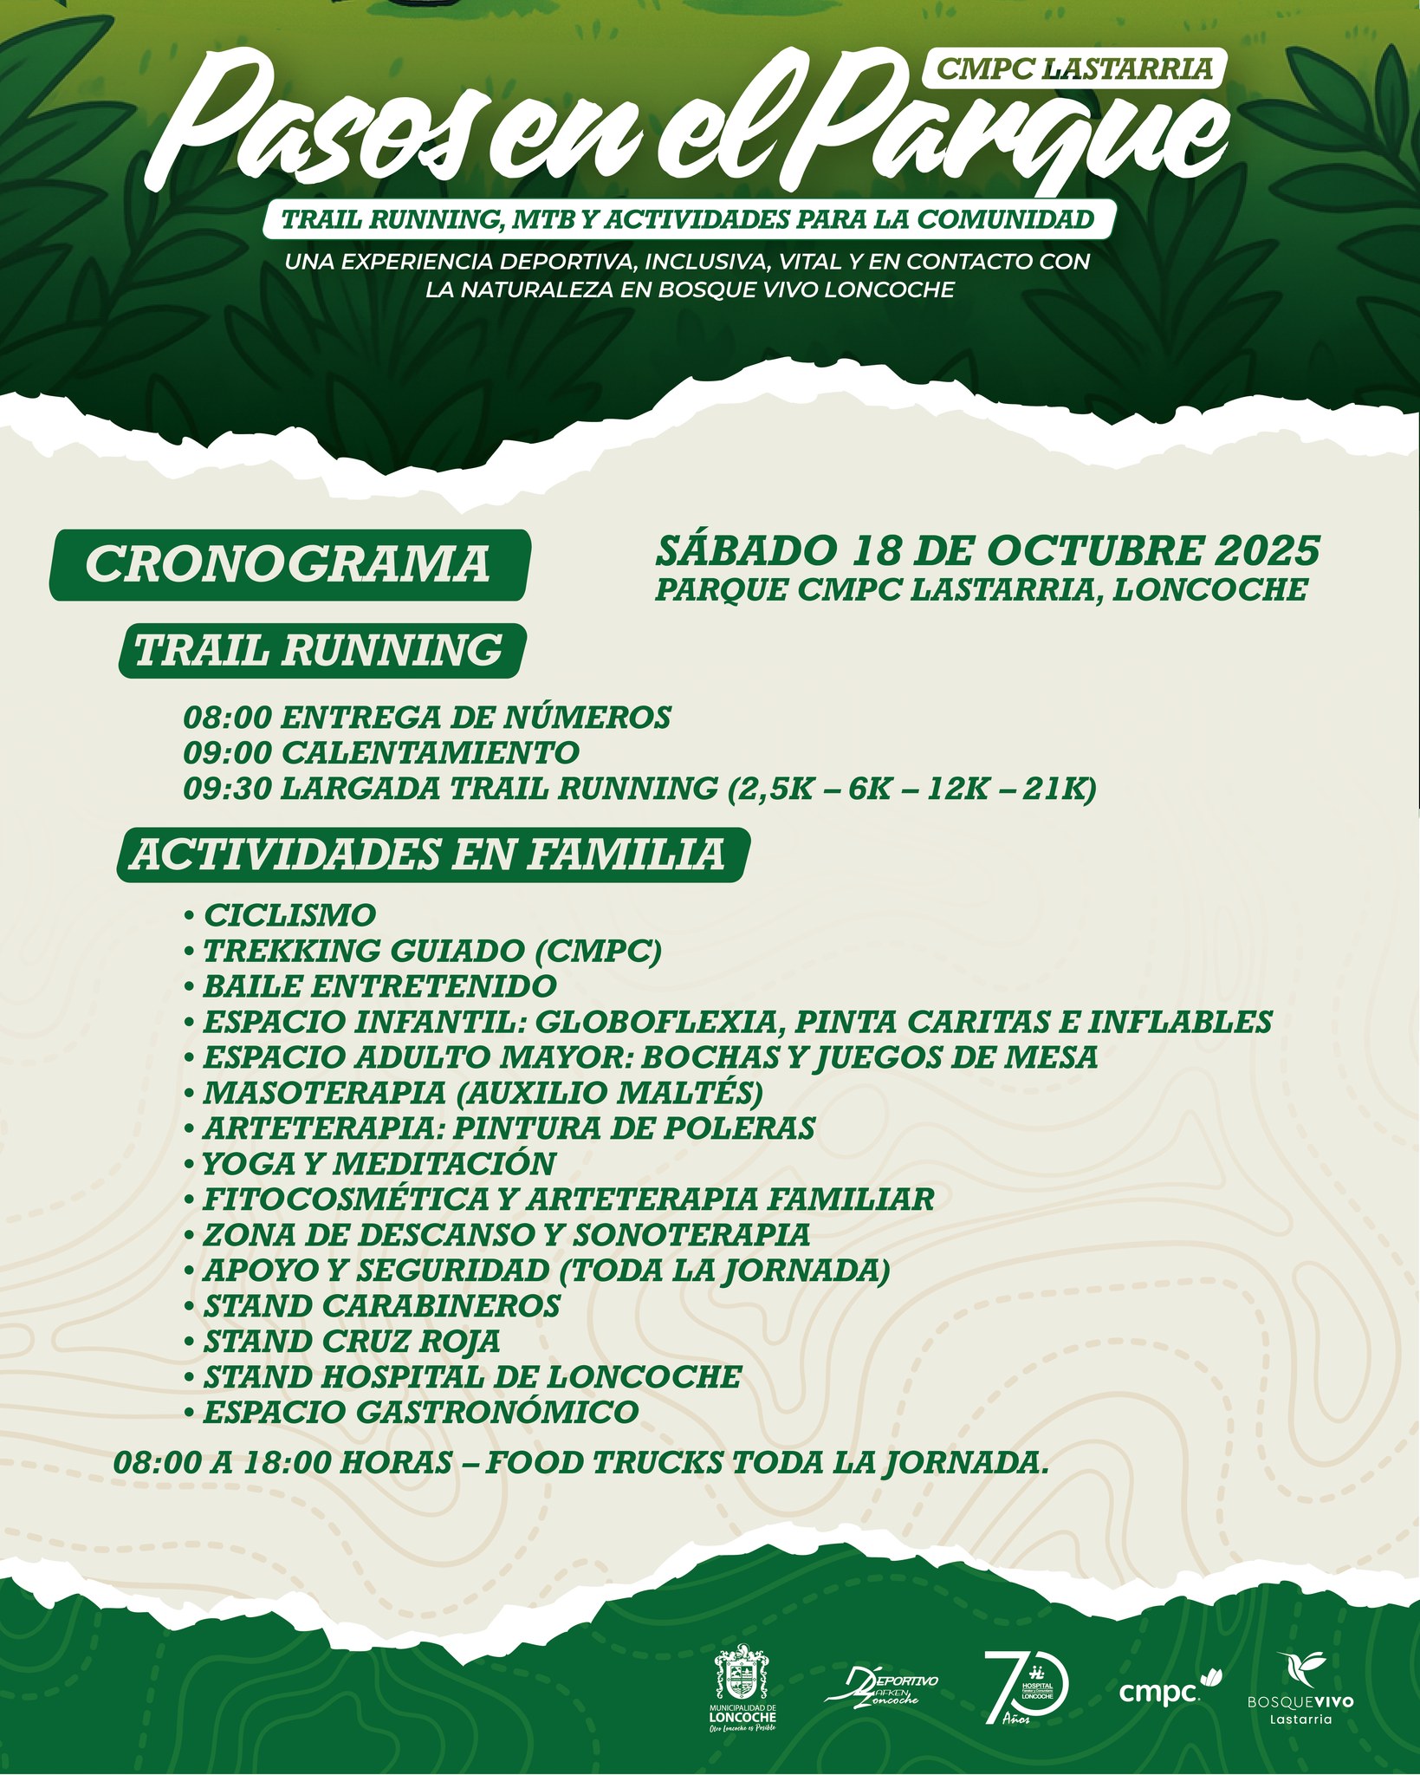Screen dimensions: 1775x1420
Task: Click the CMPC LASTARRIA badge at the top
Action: pos(1075,68)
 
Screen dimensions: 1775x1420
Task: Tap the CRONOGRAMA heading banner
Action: pos(289,564)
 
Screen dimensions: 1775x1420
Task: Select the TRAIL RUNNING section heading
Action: pos(320,650)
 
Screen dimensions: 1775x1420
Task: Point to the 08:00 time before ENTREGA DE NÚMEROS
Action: pos(228,718)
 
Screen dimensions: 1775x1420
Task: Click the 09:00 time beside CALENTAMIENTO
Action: pos(228,752)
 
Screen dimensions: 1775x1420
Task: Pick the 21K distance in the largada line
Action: pos(1060,789)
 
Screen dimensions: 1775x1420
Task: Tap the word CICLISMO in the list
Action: pos(289,915)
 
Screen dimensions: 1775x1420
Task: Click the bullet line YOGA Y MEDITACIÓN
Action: pos(379,1163)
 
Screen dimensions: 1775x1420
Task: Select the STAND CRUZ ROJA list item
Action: pos(351,1341)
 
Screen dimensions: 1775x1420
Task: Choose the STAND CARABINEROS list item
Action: pos(381,1305)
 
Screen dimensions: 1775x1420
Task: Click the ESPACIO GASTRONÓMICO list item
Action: pos(420,1412)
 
